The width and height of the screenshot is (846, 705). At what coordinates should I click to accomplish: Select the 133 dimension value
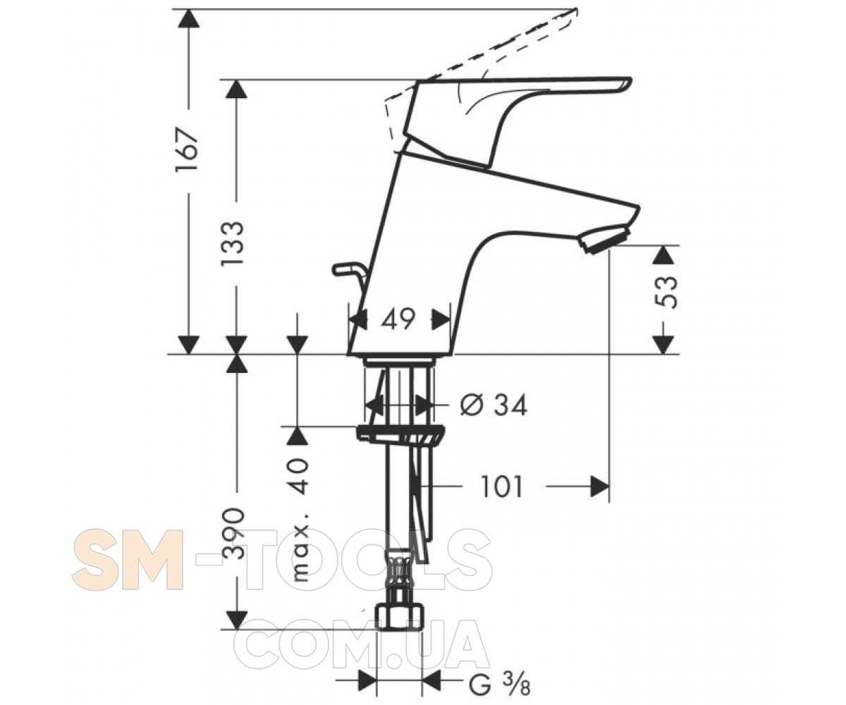point(233,243)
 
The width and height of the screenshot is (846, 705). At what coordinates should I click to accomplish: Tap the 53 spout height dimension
point(666,292)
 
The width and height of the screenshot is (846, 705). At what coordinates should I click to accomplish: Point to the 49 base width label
point(398,319)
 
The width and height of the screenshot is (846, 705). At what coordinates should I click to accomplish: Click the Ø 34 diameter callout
point(494,405)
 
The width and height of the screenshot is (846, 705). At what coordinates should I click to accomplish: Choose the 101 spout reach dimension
point(502,486)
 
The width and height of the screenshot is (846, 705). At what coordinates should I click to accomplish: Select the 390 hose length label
point(234,534)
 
